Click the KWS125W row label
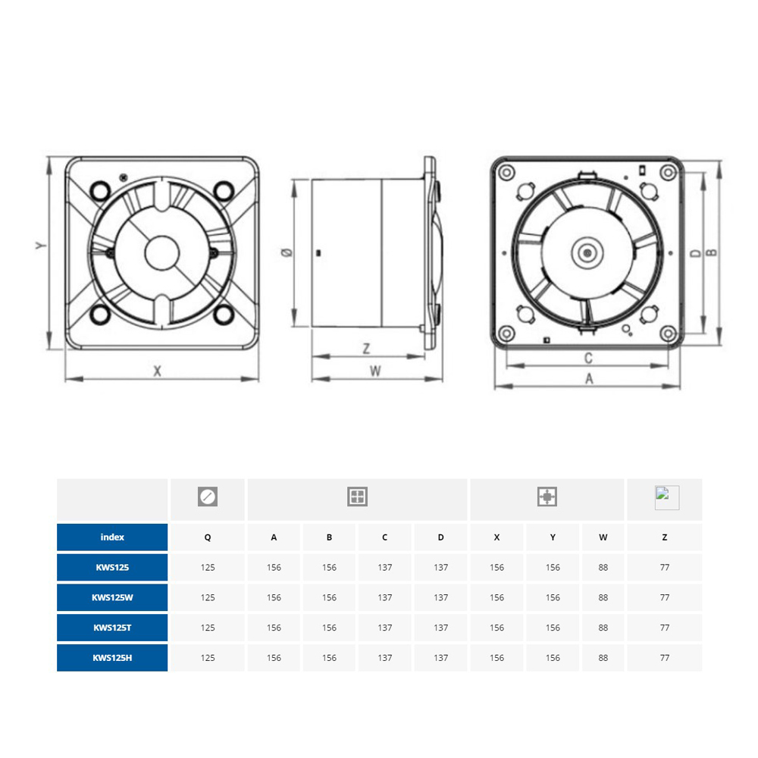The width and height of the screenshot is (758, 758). pos(112,597)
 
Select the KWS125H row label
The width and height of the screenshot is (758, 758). pos(112,658)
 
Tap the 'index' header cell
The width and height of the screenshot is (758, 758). pos(112,537)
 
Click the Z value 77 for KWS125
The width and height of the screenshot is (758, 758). pos(664,567)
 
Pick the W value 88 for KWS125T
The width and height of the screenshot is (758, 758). pos(603,628)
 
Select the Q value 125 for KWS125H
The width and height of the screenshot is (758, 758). pos(208,658)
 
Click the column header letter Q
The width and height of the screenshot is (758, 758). pos(208,537)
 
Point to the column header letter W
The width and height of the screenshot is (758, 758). pos(603,537)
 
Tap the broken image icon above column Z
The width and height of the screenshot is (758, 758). pos(666,497)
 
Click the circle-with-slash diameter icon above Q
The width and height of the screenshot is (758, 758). pos(208,497)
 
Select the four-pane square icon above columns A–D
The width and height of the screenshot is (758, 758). pos(357,497)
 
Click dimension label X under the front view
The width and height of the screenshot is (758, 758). pos(158,371)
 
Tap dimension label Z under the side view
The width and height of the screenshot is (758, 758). pos(366,349)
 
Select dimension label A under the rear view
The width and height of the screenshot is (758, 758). pos(589,380)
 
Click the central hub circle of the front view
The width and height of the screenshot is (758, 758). pos(161,252)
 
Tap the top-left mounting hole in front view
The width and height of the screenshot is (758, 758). pos(99,187)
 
